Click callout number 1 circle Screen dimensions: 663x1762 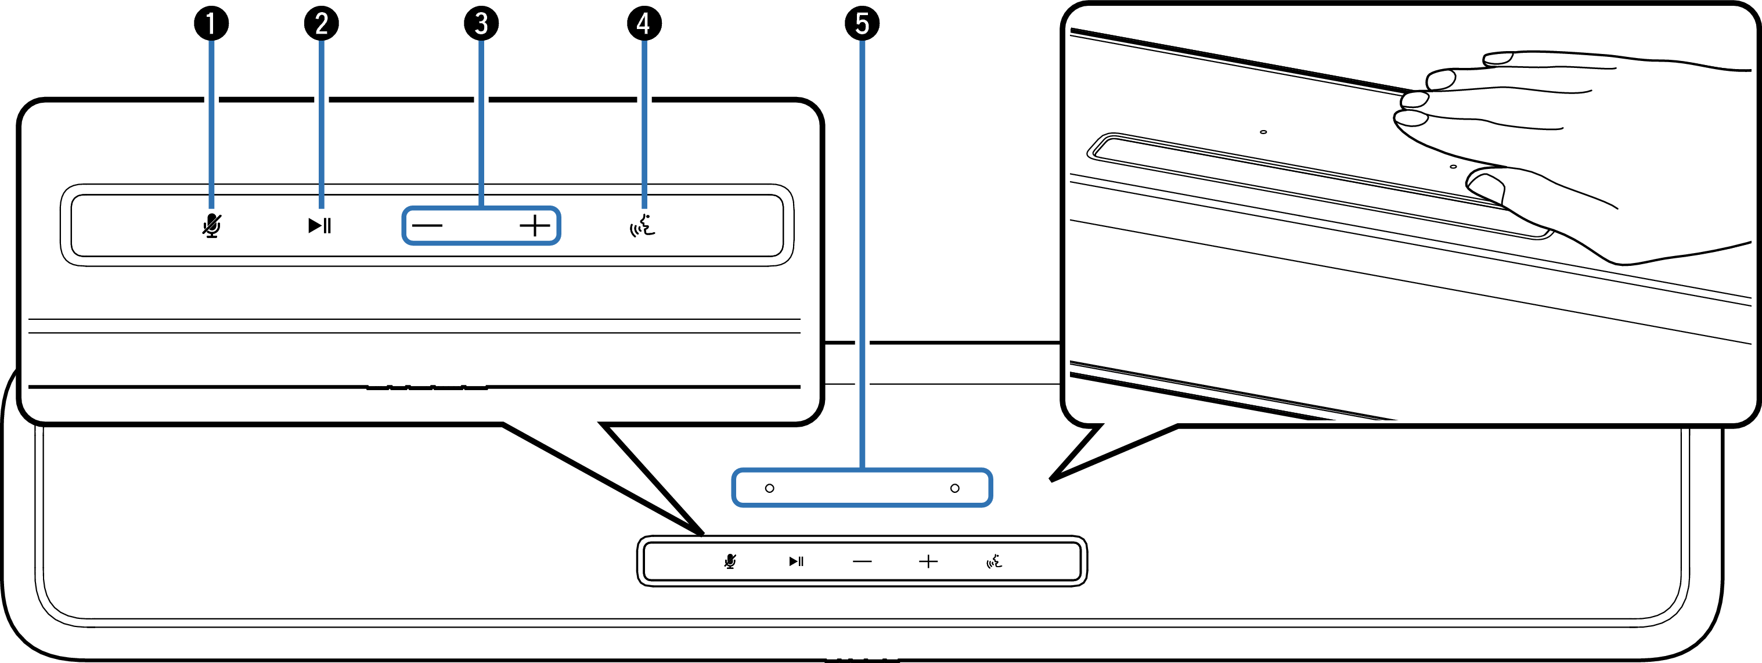pos(211,24)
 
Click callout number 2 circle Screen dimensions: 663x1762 pos(321,24)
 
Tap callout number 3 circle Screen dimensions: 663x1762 pos(481,24)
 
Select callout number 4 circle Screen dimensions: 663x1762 pos(644,24)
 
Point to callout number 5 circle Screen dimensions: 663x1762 pos(862,24)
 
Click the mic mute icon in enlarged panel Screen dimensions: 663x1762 pos(212,225)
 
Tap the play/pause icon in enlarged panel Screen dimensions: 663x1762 pos(319,225)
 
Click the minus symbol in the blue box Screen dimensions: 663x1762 pos(427,226)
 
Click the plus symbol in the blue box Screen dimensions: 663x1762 pos(535,226)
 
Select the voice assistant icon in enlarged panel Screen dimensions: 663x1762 pos(642,225)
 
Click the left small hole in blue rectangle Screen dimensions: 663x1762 pos(769,488)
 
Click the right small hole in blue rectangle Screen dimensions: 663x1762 pos(955,488)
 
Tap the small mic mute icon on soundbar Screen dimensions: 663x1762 pos(730,561)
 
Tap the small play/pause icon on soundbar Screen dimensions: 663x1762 pos(796,561)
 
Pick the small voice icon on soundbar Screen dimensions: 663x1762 pos(994,561)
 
